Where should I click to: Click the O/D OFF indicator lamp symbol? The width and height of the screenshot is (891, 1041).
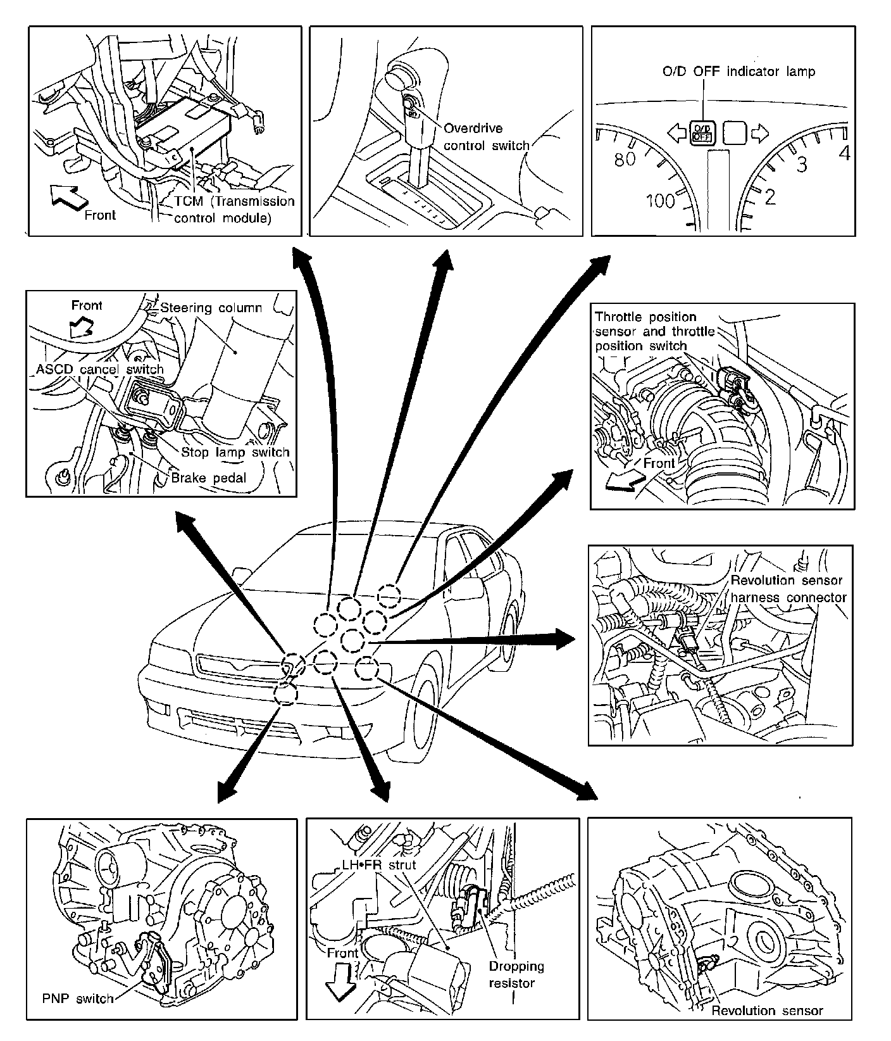702,132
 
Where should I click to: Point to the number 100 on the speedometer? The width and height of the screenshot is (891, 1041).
661,201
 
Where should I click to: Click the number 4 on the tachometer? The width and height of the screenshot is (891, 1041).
843,153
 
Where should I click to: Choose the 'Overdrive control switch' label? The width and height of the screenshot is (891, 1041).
486,137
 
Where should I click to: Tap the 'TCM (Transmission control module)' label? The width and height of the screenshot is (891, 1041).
235,210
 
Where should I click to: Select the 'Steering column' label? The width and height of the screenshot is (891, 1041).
211,308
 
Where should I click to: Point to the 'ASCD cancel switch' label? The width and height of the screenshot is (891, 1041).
100,369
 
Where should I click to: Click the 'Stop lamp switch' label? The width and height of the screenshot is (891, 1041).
235,452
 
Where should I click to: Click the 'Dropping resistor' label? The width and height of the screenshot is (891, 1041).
516,975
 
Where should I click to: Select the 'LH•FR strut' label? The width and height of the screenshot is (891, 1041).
368,864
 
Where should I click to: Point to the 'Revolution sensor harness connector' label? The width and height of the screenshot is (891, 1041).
788,589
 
